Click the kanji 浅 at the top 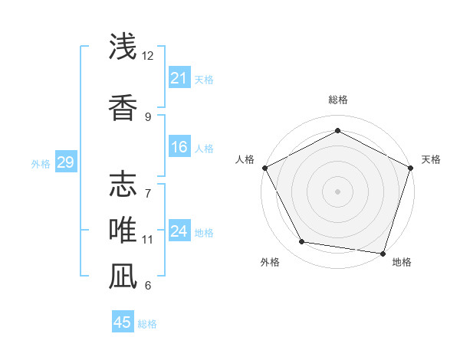123,47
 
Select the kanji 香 123,106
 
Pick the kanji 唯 123,229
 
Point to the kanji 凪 123,275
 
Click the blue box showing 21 179,77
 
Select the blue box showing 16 179,147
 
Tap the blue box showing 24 179,231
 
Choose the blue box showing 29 65,162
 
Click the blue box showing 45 123,322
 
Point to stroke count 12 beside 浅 148,57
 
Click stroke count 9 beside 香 148,116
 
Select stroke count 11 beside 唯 148,240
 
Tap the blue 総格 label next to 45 147,324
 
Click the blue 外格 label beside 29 41,163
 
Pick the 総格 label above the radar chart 337,100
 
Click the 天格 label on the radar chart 431,159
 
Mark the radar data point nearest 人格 264,168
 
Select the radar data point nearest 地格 383,253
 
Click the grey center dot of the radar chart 337,191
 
